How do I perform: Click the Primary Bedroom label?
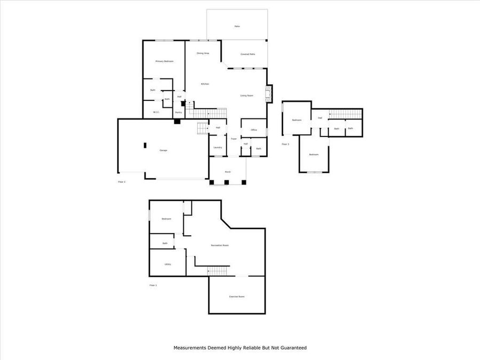[x=164, y=61]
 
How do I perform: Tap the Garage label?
[x=163, y=150]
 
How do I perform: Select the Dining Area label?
[x=203, y=53]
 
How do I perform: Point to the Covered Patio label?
[x=247, y=54]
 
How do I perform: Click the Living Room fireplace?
[x=269, y=94]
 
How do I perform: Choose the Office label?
[x=254, y=130]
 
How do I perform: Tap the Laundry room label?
[x=218, y=147]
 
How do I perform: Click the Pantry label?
[x=178, y=113]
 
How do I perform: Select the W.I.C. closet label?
[x=156, y=112]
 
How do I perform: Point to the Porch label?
[x=228, y=172]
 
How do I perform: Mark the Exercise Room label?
[x=237, y=297]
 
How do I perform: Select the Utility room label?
[x=167, y=264]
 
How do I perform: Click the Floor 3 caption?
[x=285, y=144]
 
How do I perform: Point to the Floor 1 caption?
[x=153, y=285]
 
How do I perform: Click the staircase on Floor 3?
[x=344, y=114]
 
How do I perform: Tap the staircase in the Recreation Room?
[x=218, y=271]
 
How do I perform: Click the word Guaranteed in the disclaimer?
[x=292, y=348]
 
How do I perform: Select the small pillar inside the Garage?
[x=144, y=145]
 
